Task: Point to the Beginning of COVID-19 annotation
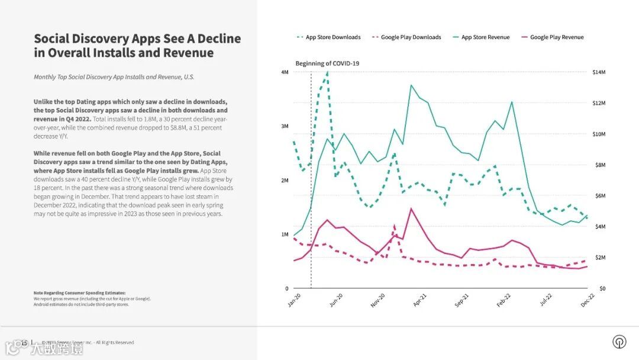(327, 63)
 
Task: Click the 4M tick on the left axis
(285, 72)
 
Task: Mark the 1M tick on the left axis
(285, 234)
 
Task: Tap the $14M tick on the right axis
(599, 72)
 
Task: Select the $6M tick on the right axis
(599, 196)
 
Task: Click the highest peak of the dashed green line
(327, 73)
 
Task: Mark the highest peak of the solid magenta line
(411, 208)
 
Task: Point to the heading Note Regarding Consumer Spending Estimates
(79, 293)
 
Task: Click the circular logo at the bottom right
(619, 342)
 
